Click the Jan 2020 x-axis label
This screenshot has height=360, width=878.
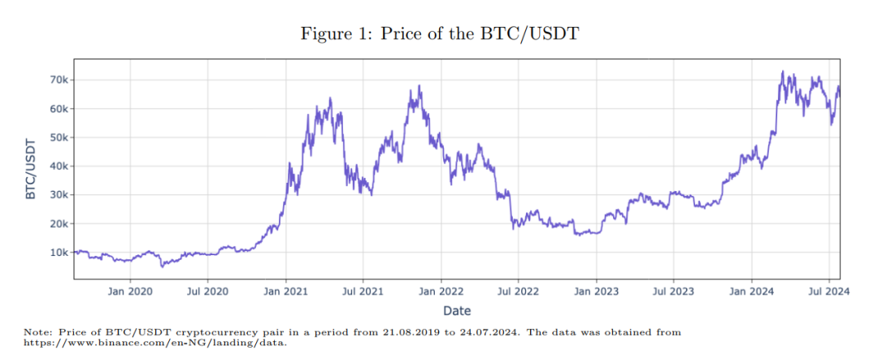coord(130,292)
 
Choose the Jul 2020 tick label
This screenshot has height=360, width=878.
coord(208,292)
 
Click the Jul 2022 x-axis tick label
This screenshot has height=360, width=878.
coord(518,292)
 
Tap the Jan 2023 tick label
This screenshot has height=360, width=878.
coord(596,292)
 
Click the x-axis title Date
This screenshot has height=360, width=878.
coord(457,310)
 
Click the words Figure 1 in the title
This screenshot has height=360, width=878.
coord(336,34)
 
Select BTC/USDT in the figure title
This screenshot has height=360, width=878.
coord(537,34)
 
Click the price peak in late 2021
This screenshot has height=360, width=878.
coord(419,85)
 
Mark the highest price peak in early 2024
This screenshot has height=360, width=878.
coord(782,72)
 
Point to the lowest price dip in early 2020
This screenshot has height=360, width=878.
coord(162,266)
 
